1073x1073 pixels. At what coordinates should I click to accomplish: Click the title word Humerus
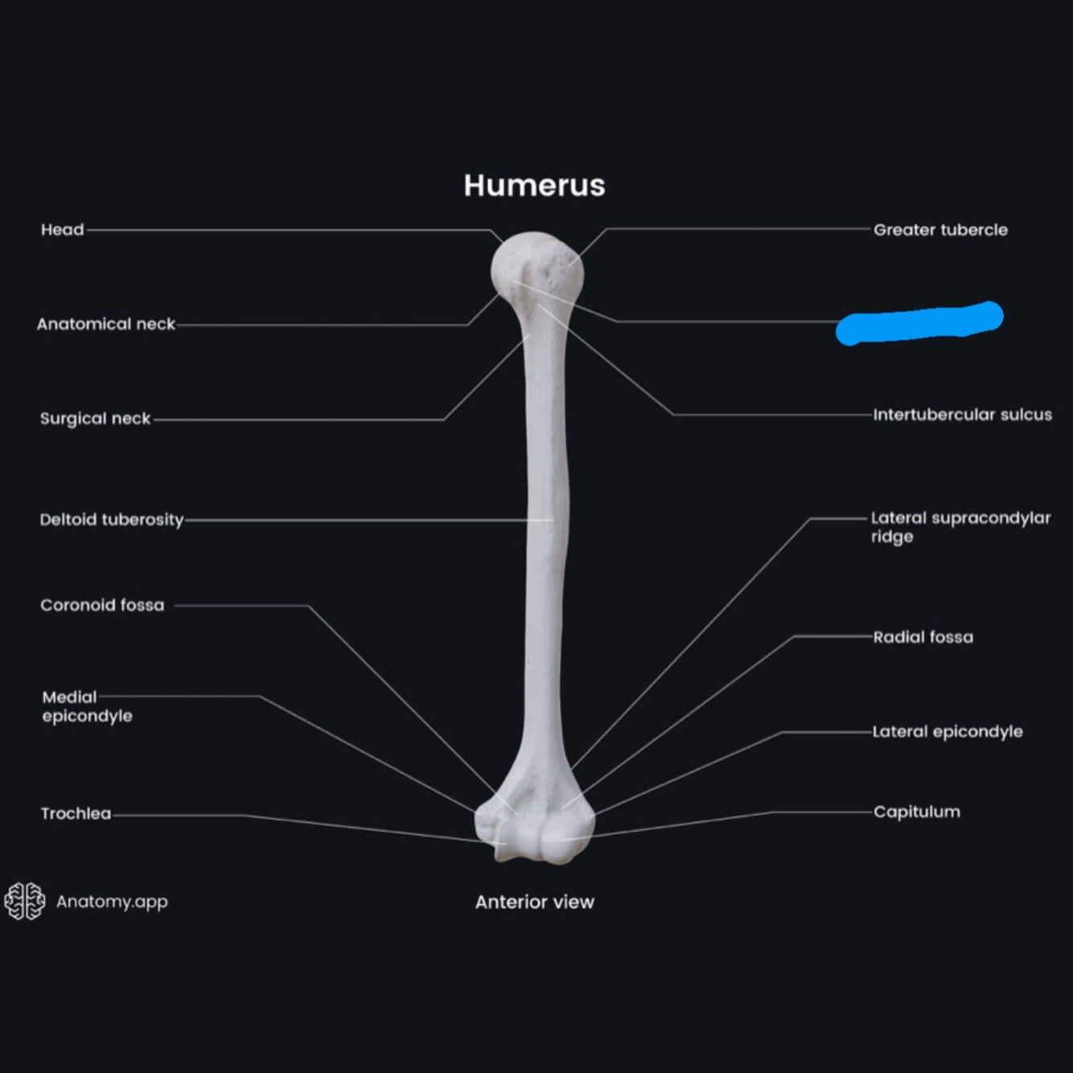(534, 185)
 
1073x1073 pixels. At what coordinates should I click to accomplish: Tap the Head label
(62, 230)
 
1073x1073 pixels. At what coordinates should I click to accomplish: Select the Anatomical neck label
(105, 324)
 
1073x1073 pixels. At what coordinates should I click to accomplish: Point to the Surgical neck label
(95, 418)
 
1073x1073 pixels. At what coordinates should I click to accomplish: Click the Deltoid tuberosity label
(112, 520)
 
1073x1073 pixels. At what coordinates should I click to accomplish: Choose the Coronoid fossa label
(102, 605)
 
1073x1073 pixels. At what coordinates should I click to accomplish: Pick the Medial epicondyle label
(87, 706)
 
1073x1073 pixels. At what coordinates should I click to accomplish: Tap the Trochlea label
(76, 813)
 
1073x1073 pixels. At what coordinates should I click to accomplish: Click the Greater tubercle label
(940, 230)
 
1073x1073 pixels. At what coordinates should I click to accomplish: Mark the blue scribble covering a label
(919, 323)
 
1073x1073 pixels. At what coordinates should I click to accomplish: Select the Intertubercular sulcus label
(962, 415)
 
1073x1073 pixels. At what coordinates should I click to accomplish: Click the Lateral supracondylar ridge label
(960, 527)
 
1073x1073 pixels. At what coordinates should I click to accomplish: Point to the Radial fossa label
(923, 637)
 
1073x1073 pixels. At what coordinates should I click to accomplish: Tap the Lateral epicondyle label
(948, 731)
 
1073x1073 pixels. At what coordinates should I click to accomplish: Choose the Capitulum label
(916, 812)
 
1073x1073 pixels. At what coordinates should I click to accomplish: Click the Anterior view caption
(534, 902)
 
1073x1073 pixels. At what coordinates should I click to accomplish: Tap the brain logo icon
(25, 901)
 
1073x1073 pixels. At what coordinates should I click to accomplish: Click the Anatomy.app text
(112, 901)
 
